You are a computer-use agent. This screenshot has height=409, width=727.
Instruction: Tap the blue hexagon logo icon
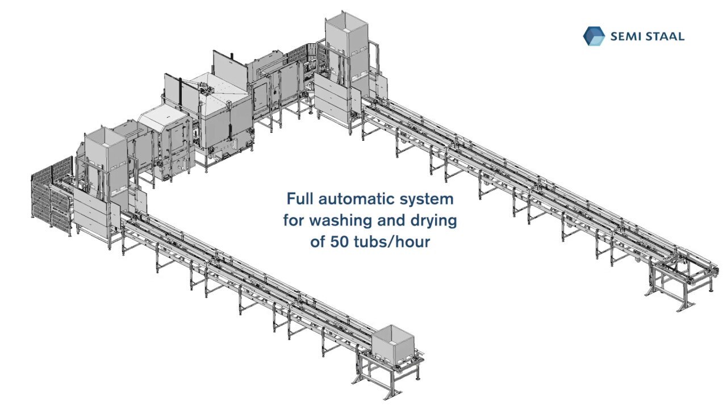[x=594, y=36]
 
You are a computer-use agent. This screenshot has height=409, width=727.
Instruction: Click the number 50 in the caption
[x=337, y=241]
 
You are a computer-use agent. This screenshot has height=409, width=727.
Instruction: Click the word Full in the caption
[x=300, y=199]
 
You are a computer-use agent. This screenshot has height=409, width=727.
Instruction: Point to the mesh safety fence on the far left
[x=50, y=196]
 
